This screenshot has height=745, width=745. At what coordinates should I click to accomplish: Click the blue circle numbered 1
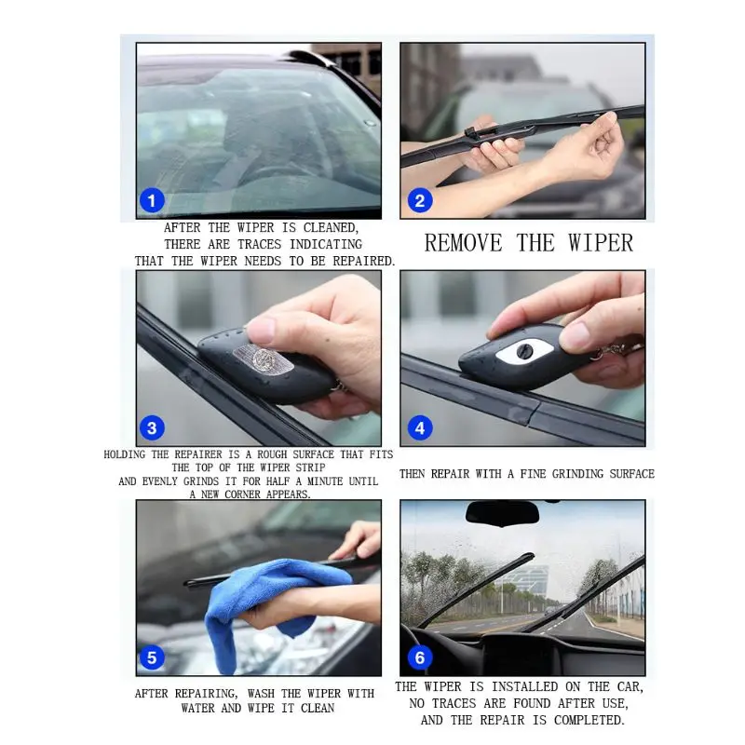152,199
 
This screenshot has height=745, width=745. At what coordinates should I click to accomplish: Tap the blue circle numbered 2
419,199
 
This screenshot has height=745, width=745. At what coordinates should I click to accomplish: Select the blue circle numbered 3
152,428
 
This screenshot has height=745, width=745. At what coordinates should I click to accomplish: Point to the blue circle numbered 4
420,428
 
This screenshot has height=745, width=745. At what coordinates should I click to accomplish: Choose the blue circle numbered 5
152,657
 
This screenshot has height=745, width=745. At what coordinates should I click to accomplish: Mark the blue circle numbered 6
420,657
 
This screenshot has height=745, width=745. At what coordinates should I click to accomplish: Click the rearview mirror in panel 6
502,513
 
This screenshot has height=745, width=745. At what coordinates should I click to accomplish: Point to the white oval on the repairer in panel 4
522,353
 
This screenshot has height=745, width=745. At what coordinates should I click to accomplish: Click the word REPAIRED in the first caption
359,262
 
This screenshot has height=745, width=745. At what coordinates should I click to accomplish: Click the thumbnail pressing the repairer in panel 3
262,329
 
